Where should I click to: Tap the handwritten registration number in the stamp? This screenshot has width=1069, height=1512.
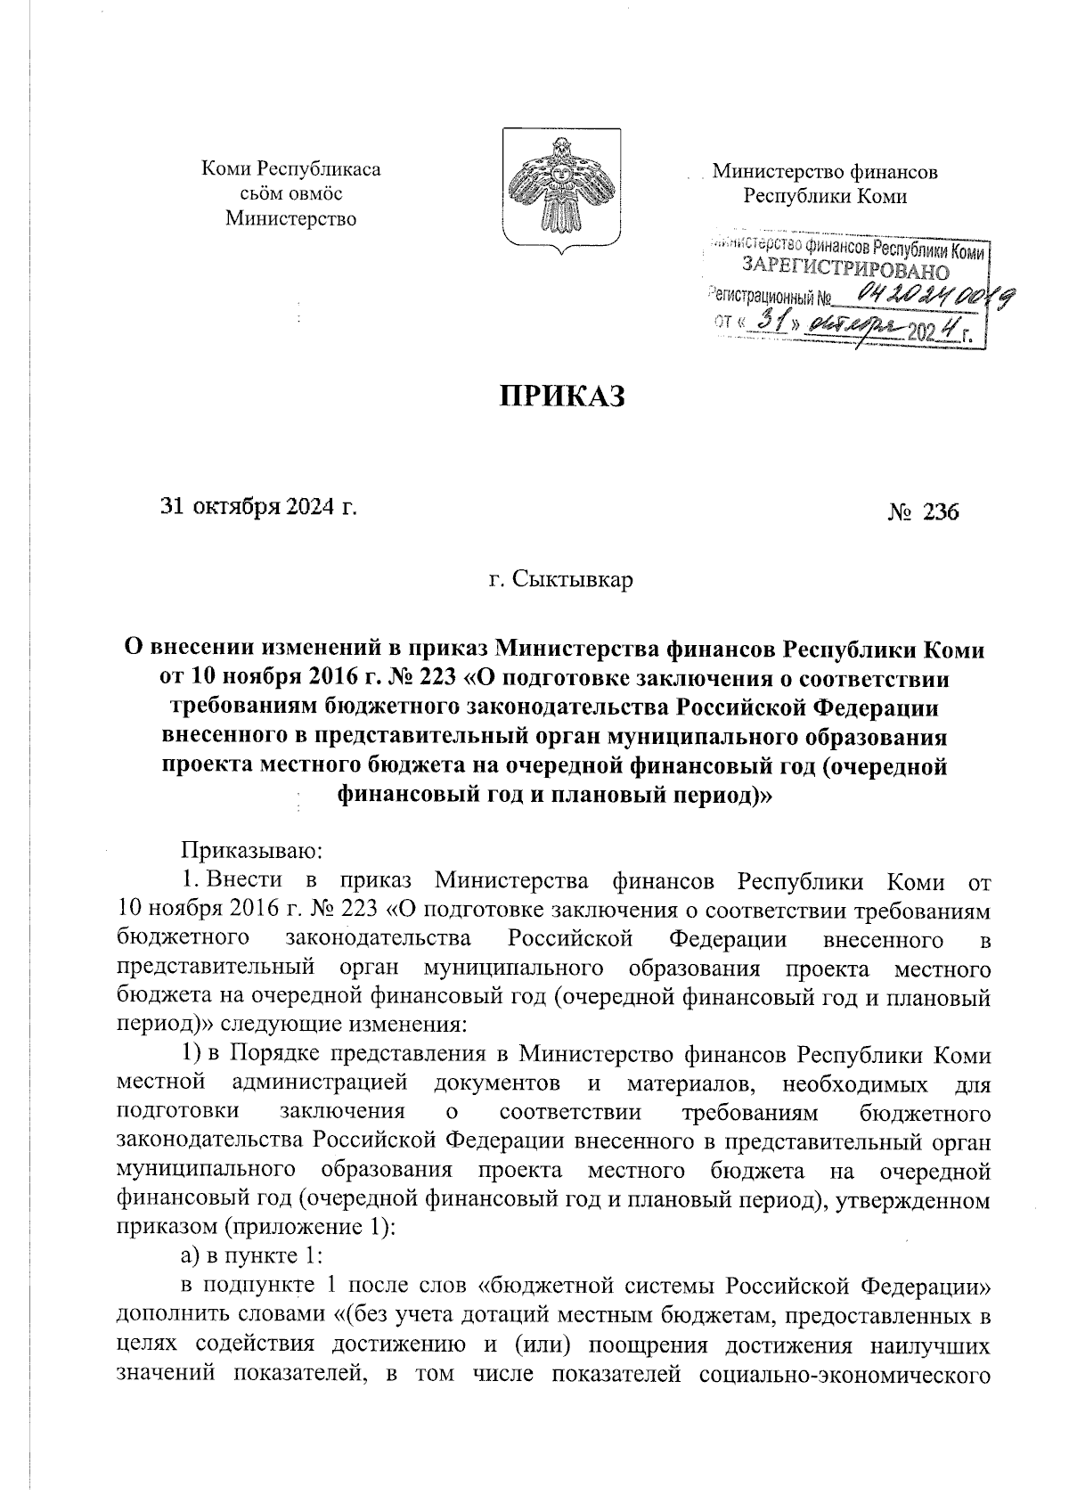click(x=926, y=299)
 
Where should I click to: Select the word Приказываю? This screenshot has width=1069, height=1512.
click(x=245, y=854)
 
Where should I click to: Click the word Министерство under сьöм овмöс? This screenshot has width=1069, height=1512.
click(x=290, y=218)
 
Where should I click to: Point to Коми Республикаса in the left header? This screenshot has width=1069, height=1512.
click(x=291, y=168)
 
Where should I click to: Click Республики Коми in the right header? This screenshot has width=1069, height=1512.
click(x=825, y=196)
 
